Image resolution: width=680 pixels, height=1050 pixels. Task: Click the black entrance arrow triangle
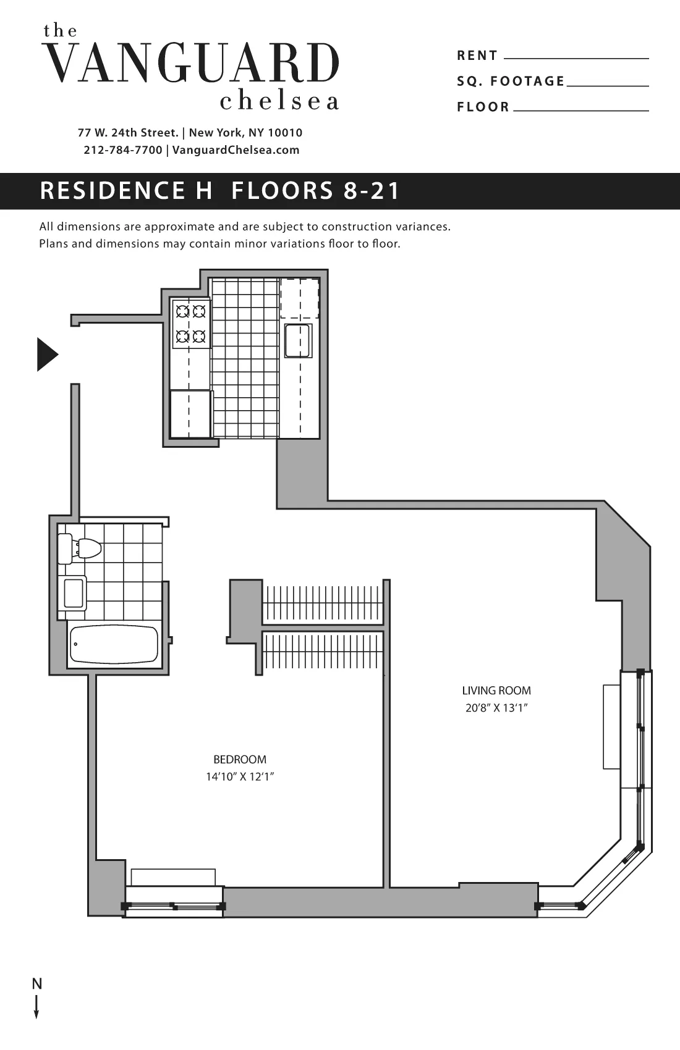[46, 355]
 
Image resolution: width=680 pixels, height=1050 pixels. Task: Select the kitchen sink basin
[297, 340]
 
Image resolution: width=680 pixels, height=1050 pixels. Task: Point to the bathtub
[114, 644]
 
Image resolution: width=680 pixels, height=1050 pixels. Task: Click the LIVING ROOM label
[496, 691]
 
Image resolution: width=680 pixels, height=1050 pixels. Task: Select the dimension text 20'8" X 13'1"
[496, 708]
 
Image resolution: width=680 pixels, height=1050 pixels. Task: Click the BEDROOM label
[240, 759]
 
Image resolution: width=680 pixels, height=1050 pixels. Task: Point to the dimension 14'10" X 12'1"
[240, 776]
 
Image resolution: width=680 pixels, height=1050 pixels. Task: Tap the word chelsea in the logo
[279, 101]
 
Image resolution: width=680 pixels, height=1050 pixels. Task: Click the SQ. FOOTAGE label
[511, 81]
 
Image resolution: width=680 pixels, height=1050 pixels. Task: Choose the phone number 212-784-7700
[122, 150]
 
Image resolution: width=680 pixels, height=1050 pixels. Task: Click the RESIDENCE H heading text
[126, 190]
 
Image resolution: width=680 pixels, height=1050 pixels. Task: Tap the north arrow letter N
[37, 984]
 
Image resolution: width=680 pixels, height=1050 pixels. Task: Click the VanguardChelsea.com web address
[236, 150]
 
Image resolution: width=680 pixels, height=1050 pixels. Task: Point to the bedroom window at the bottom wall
[174, 906]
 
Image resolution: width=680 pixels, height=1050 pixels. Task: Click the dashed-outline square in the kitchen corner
[300, 298]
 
